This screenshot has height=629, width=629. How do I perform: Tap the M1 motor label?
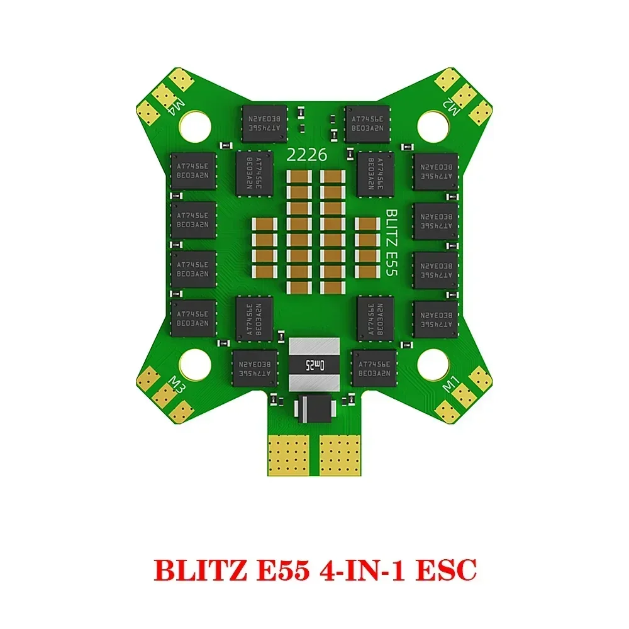tap(452, 383)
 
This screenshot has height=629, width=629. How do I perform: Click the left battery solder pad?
tap(289, 452)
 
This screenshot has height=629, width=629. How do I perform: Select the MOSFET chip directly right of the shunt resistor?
tap(374, 369)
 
